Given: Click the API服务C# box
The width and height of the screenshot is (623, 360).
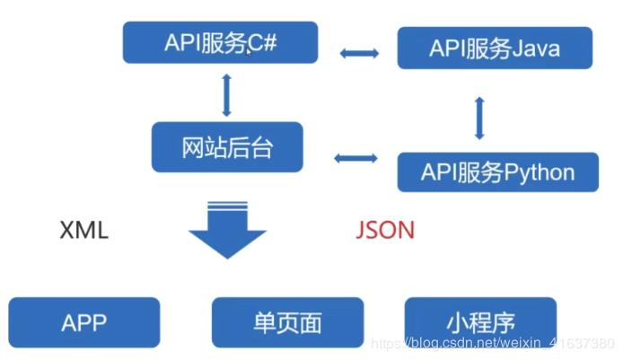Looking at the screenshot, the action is point(220,42).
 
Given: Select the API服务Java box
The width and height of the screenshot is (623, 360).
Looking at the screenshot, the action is point(495,48).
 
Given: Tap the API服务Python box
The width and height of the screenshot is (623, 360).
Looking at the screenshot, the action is point(498,172).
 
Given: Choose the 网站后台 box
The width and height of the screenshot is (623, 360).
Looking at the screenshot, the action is point(227,147).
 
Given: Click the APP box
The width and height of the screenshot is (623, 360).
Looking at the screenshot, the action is point(84,322).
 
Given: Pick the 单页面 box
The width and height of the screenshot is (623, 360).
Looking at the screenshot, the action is point(287,322).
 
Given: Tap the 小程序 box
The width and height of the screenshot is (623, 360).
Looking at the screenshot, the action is point(480,322).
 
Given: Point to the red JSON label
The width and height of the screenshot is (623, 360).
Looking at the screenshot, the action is point(385,230).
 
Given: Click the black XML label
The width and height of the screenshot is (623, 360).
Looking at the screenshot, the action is point(83,230).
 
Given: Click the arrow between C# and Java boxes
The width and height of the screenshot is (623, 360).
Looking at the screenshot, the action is point(359,53).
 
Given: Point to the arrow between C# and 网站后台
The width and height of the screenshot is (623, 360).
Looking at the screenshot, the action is point(226,95).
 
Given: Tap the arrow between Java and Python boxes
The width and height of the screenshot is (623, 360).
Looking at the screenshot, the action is point(479,118).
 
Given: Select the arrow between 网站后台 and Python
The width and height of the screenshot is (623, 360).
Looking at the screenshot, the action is point(355,158).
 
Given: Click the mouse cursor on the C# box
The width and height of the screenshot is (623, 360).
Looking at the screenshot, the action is point(250,52).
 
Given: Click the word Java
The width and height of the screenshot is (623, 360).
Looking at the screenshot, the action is point(536,48).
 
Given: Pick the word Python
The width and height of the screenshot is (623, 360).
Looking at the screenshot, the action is point(540,172).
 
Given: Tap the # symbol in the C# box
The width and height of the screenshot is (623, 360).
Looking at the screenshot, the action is point(269,42).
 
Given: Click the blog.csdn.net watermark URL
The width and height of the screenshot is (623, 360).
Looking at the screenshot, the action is point(493,343).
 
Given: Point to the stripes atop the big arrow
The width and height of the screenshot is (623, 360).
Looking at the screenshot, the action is point(227,205).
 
